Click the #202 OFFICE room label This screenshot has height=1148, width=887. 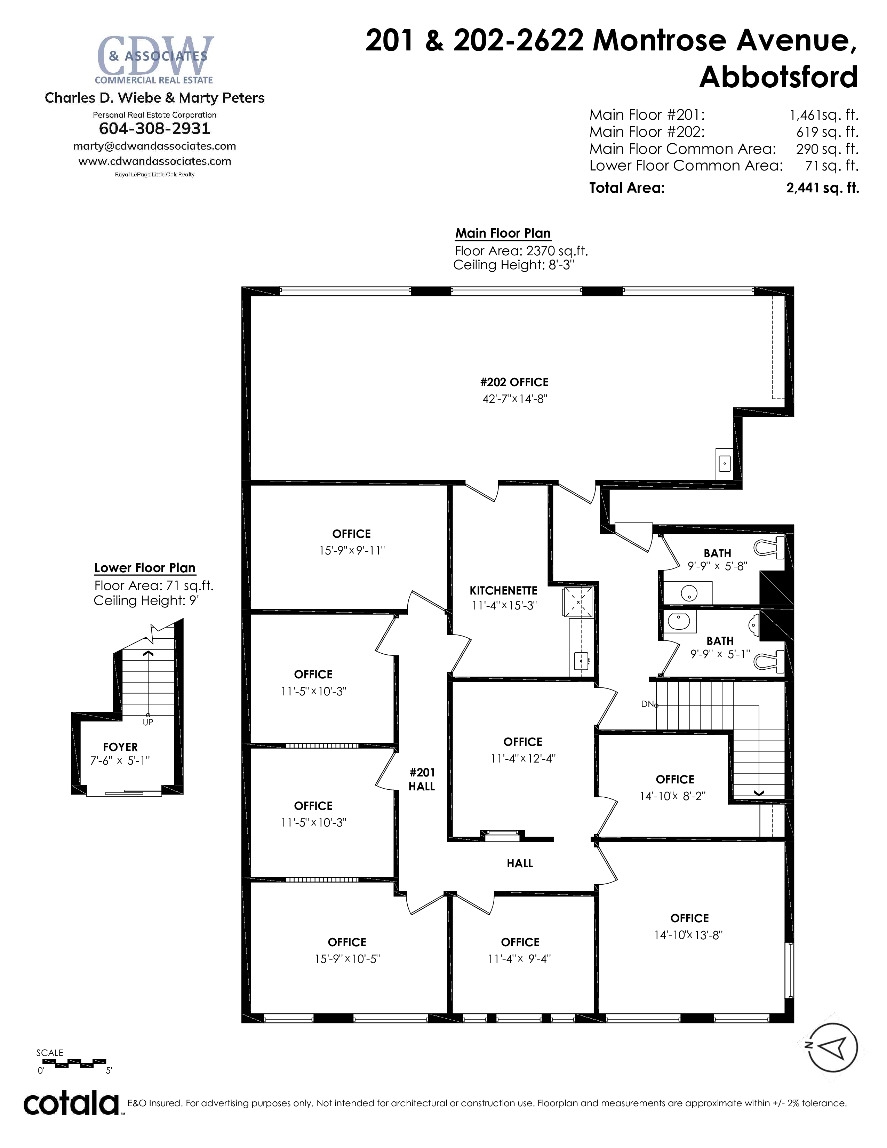pyautogui.click(x=514, y=382)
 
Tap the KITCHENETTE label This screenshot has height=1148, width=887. pyautogui.click(x=503, y=590)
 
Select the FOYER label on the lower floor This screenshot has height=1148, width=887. pyautogui.click(x=120, y=747)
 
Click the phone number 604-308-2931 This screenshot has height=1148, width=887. pyautogui.click(x=154, y=129)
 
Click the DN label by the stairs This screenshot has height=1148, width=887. pyautogui.click(x=647, y=704)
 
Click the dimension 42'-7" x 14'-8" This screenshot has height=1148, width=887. pyautogui.click(x=514, y=399)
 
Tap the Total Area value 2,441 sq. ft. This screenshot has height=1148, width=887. pyautogui.click(x=822, y=188)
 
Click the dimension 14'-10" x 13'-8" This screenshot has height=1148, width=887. pyautogui.click(x=688, y=935)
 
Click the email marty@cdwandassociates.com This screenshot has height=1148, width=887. pyautogui.click(x=154, y=146)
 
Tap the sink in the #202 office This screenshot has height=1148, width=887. pyautogui.click(x=724, y=463)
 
